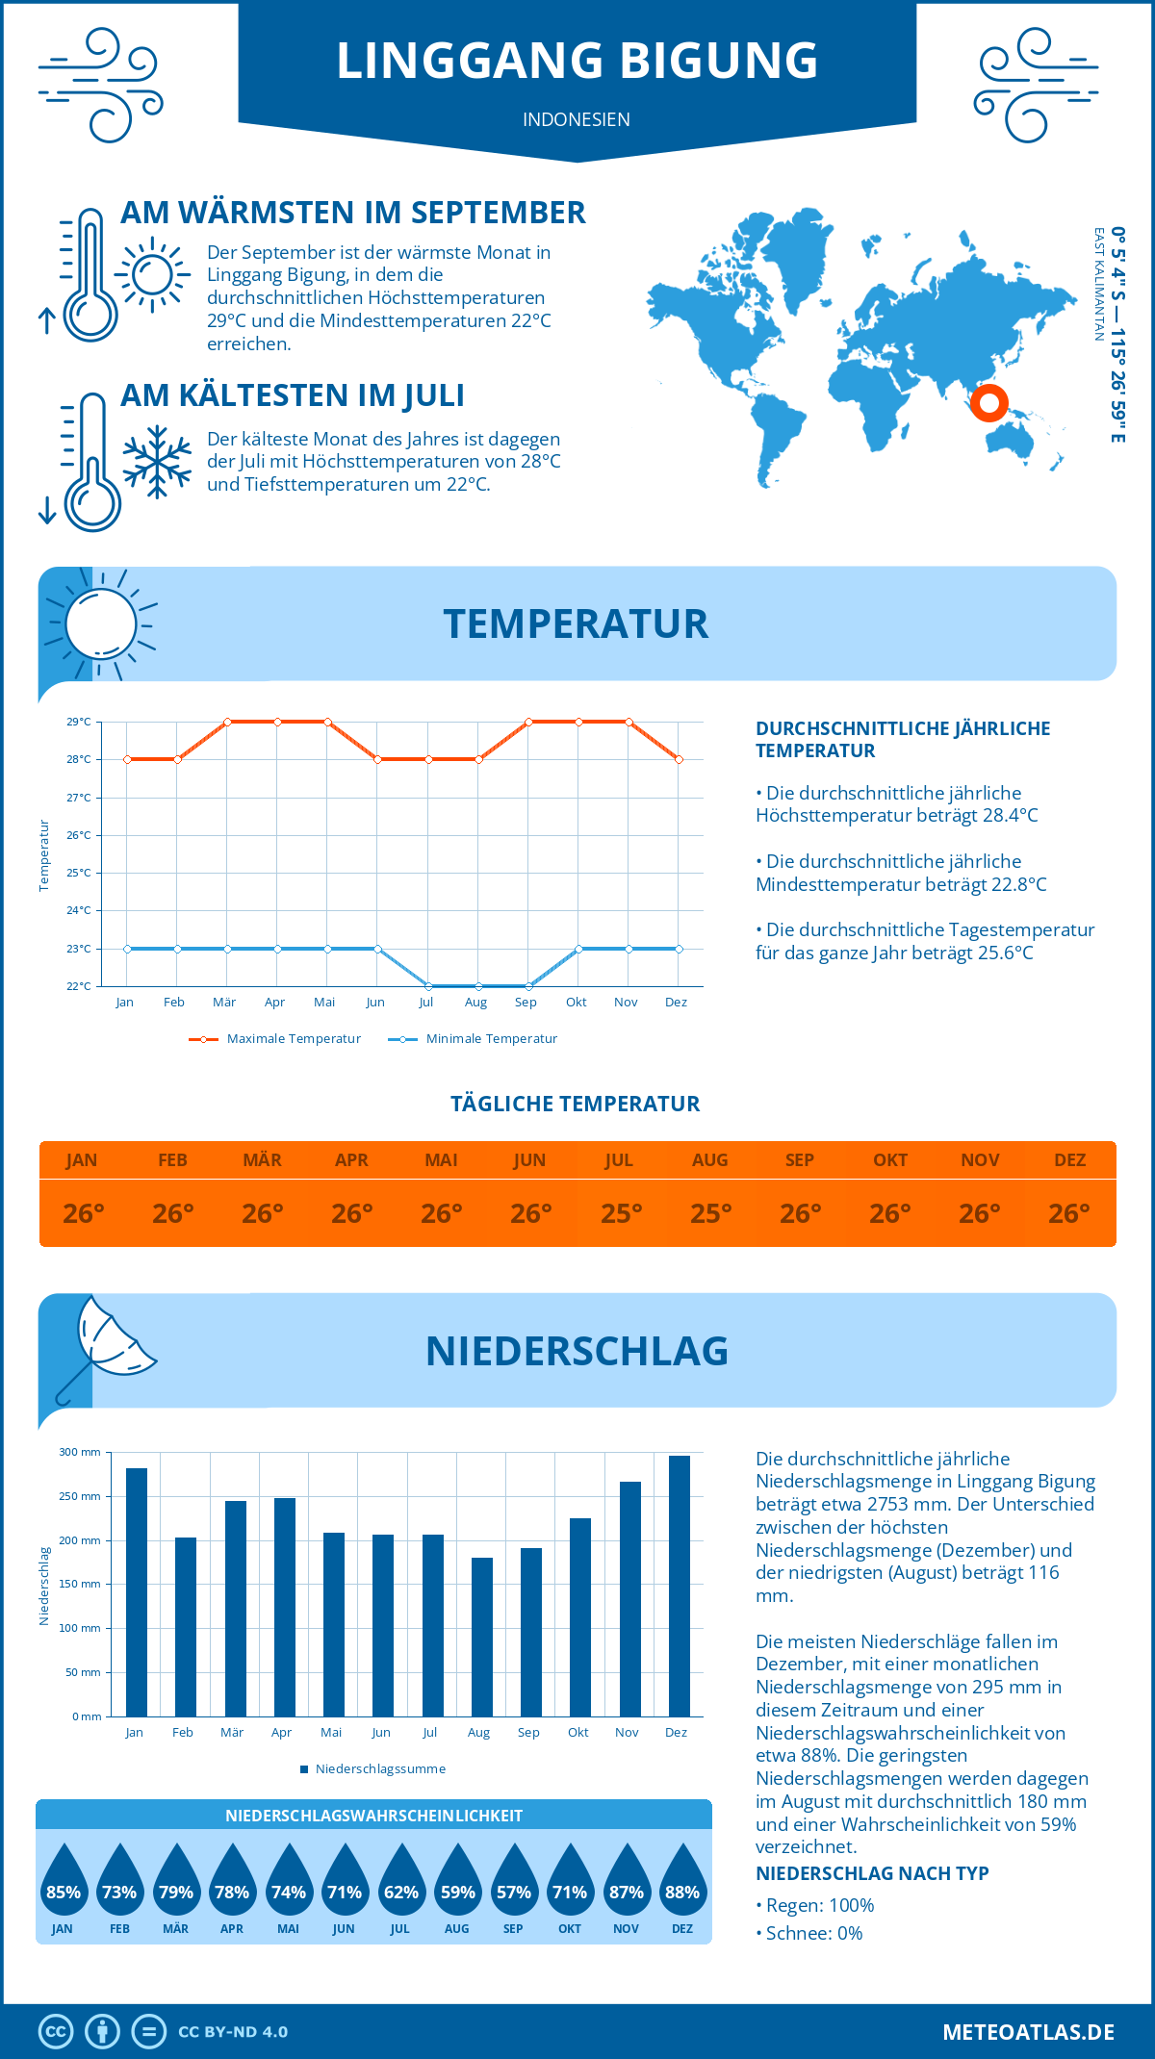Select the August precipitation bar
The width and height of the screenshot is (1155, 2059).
482,1637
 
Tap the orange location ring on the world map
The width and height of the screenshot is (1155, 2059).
988,402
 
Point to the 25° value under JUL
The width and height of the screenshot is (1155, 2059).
621,1213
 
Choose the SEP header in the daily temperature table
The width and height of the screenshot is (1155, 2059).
800,1160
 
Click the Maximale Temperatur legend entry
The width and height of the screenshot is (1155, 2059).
275,1039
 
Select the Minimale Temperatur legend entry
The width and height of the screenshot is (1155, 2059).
473,1039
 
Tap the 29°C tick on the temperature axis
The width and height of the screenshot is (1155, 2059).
79,722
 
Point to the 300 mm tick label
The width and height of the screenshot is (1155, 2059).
80,1452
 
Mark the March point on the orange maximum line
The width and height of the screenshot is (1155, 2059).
227,722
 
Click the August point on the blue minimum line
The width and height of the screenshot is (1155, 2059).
478,986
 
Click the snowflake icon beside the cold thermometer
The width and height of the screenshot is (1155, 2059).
157,461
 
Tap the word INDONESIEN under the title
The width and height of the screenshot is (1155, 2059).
577,119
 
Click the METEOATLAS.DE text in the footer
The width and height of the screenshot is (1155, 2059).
1028,2032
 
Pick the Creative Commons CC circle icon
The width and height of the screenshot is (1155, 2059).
56,2032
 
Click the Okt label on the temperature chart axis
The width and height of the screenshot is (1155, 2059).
576,1003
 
